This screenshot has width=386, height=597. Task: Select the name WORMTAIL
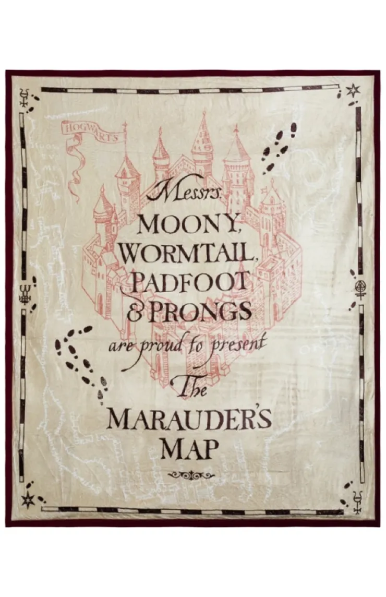tap(189, 255)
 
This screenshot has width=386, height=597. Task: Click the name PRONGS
tap(205, 312)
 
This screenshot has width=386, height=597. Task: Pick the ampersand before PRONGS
tap(134, 313)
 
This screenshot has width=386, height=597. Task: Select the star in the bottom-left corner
tap(27, 500)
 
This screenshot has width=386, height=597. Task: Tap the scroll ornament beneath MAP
tap(190, 474)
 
